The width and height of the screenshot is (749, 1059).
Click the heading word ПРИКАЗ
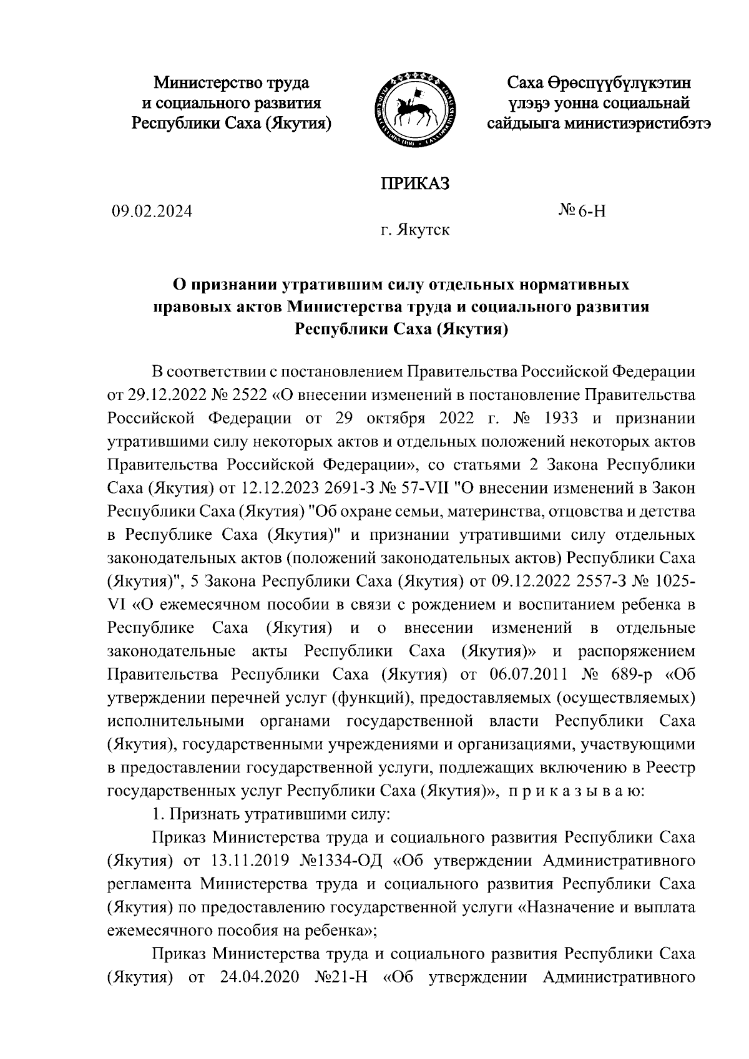click(415, 184)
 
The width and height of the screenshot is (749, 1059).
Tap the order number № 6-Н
click(582, 211)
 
